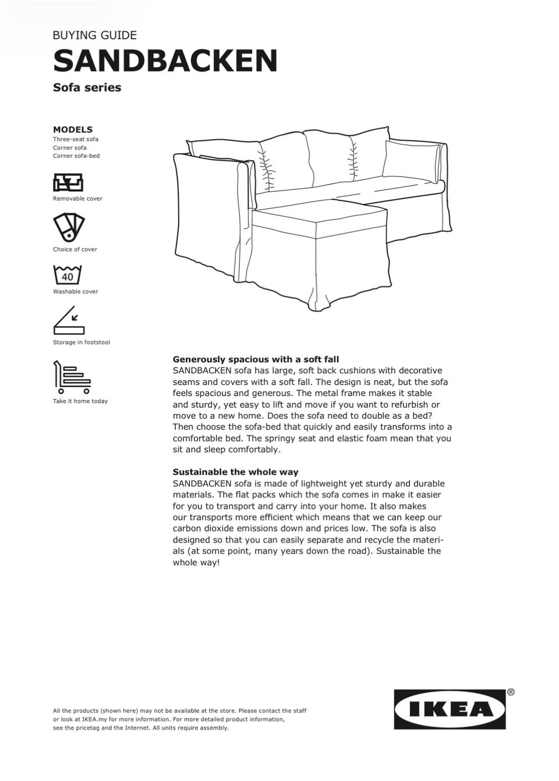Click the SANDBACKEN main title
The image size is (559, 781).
(165, 61)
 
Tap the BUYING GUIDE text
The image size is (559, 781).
(94, 35)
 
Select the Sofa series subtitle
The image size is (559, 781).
(87, 87)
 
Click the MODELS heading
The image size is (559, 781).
(72, 129)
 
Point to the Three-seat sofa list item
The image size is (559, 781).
(76, 139)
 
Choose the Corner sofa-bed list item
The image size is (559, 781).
(76, 156)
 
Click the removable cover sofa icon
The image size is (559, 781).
(69, 182)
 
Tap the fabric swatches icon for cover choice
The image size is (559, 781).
(69, 227)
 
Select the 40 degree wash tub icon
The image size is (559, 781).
(68, 275)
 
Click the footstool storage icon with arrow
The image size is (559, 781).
(69, 320)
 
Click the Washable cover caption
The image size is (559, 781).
(76, 292)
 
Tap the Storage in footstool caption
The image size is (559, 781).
(82, 342)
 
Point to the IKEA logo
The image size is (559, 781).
(450, 709)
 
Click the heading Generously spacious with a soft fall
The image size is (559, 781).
(256, 359)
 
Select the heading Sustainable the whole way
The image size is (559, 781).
(235, 472)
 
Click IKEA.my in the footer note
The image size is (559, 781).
(95, 719)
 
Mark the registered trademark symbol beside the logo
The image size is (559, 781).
(511, 692)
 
